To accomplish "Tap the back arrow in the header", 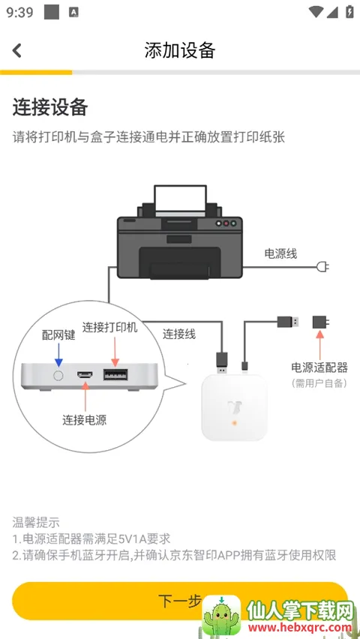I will click(x=17, y=50).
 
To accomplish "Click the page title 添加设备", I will click(x=180, y=50).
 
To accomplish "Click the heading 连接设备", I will click(x=50, y=107).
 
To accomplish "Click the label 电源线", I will click(x=280, y=253).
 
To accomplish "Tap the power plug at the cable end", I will click(x=323, y=266).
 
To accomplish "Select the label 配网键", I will click(x=58, y=335).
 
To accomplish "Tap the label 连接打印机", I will click(x=110, y=327).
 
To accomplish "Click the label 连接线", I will click(x=179, y=334).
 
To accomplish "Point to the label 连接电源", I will click(x=84, y=420).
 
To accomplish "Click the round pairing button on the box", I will click(x=58, y=375).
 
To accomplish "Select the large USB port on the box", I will click(x=115, y=375).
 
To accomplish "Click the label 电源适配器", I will click(x=319, y=367).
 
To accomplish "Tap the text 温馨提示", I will click(x=36, y=522).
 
